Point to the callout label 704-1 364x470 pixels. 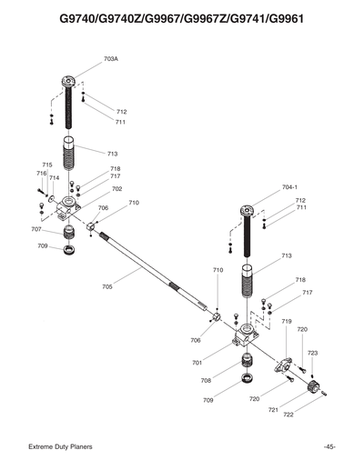289,187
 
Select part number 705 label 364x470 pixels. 107,286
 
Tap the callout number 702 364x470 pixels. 116,189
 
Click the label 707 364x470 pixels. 35,229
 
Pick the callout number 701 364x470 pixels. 197,363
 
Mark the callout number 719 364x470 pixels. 286,322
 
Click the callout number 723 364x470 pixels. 312,353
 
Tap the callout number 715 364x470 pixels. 46,165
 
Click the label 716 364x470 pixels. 41,173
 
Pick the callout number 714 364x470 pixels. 54,178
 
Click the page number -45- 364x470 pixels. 329,446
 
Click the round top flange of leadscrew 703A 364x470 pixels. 70,82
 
